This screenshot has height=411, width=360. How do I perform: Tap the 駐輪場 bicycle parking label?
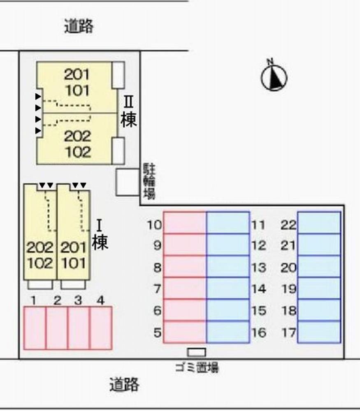tap(149, 181)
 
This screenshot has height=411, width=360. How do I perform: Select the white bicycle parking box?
tap(128, 182)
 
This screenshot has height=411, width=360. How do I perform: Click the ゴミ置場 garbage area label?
tap(197, 367)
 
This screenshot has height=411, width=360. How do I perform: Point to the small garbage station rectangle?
tap(197, 352)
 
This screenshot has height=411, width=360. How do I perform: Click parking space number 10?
tap(185, 222)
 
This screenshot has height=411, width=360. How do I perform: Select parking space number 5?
tap(185, 332)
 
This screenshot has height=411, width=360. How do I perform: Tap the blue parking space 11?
tap(228, 222)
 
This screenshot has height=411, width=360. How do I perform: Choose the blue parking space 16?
tap(228, 332)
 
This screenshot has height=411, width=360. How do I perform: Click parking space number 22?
tap(319, 222)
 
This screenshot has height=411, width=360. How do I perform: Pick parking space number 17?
tap(319, 332)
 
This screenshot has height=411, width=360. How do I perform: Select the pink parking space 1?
tap(35, 328)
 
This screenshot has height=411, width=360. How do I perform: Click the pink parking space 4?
tap(101, 328)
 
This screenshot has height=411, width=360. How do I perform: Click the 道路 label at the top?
tap(79, 26)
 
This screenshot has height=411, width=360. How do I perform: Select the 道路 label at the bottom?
tap(124, 384)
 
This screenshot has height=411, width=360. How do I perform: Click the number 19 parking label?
tap(288, 289)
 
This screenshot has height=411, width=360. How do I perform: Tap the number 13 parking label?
tap(259, 268)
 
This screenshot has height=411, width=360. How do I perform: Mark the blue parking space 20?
tap(319, 266)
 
